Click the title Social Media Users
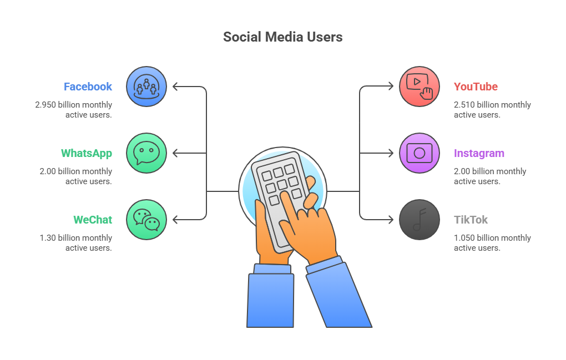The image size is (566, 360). (282, 37)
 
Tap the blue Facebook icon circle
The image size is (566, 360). (146, 87)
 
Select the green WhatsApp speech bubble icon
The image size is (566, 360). (146, 153)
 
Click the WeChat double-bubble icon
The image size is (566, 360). (146, 220)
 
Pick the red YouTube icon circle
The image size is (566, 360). (420, 87)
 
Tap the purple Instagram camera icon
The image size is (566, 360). (420, 153)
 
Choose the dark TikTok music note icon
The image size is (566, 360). (420, 220)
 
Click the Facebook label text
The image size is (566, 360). (88, 87)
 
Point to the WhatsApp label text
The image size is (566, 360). (87, 153)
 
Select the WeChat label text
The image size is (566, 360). (93, 220)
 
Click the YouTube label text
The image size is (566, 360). (476, 87)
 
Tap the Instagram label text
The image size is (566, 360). (479, 153)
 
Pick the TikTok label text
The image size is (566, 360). (471, 220)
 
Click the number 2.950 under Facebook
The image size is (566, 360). (45, 105)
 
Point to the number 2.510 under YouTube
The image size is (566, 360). (464, 105)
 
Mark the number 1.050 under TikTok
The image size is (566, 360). (464, 238)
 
